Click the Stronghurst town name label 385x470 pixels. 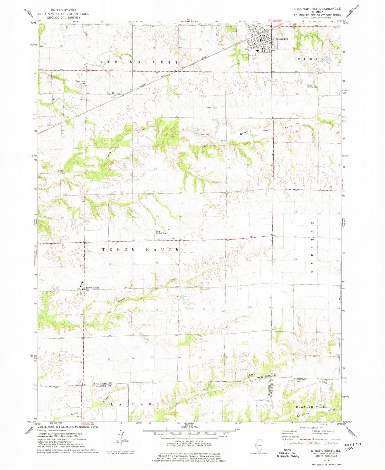281,39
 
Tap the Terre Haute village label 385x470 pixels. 92,287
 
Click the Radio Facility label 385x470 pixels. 212,108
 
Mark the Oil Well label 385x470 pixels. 265,130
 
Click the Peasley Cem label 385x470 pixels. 204,134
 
